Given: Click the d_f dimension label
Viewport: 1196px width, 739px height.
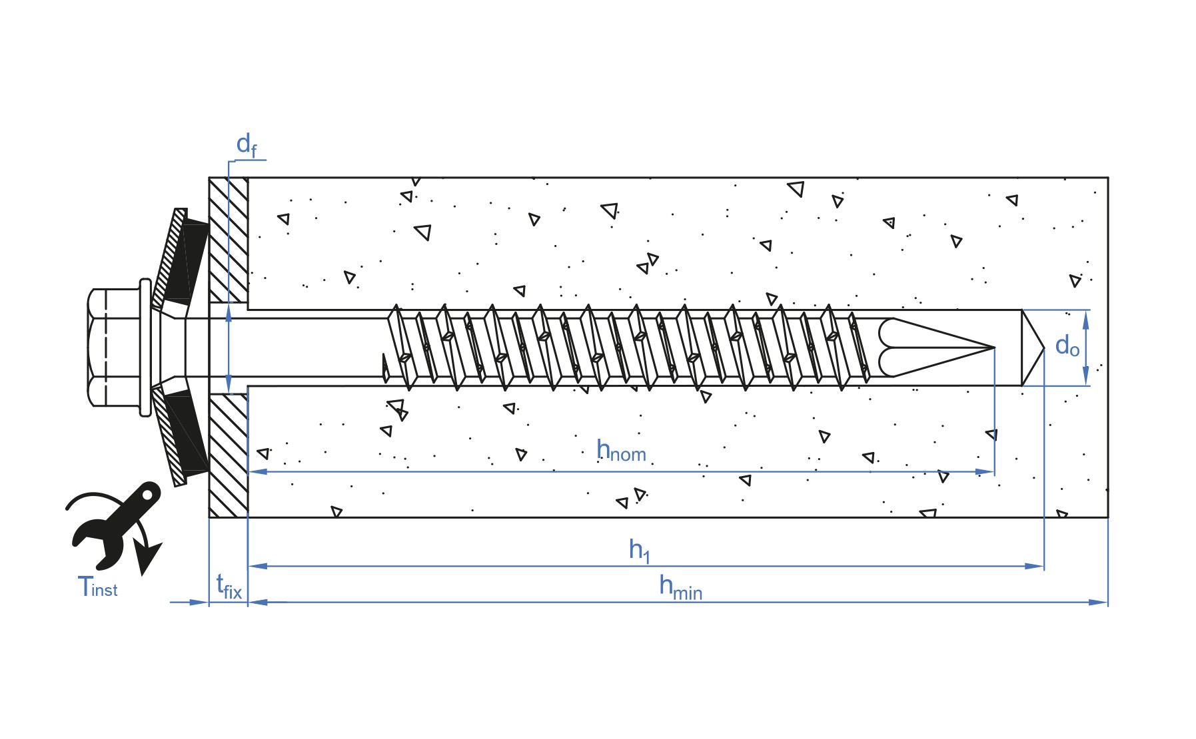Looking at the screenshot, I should pyautogui.click(x=247, y=146).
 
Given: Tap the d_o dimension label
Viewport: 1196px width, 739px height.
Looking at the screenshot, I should pyautogui.click(x=1067, y=346).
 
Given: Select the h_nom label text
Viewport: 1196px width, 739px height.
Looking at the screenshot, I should pyautogui.click(x=621, y=451).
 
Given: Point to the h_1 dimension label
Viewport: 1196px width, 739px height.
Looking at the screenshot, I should pyautogui.click(x=639, y=551).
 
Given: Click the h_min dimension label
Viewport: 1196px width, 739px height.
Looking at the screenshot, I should pyautogui.click(x=680, y=588).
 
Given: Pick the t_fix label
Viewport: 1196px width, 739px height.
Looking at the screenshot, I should pyautogui.click(x=229, y=587).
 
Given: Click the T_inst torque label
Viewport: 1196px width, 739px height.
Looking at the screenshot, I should pyautogui.click(x=97, y=587).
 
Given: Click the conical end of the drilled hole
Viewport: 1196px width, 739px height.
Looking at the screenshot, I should pyautogui.click(x=1032, y=348).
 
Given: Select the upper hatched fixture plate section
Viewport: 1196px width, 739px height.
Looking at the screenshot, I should pyautogui.click(x=229, y=240).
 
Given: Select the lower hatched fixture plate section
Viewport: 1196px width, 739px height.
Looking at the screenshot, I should pyautogui.click(x=229, y=456).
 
